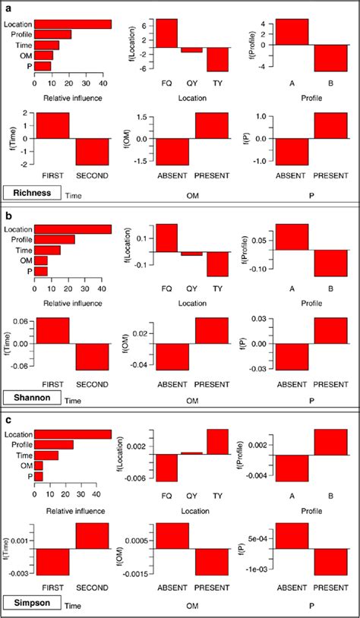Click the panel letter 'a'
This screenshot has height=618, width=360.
click(8, 8)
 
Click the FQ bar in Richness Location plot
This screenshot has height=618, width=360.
click(166, 33)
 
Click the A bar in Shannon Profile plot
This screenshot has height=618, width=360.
click(292, 237)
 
